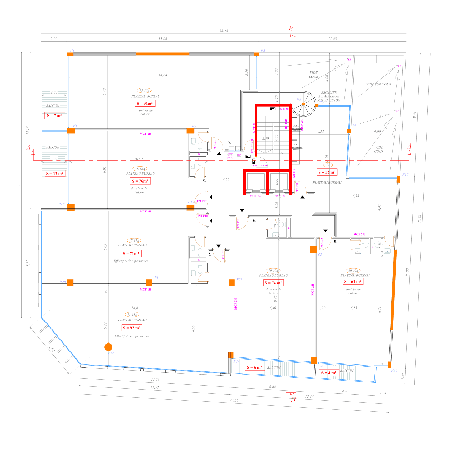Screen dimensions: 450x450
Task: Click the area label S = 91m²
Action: pos(145,103)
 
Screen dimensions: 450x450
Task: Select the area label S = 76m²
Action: pos(140,181)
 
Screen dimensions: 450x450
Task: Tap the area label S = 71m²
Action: pos(131,253)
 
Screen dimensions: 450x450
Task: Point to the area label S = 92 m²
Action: pos(131,328)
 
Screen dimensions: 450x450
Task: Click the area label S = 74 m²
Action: pos(273,283)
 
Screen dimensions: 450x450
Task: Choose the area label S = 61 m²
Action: pos(353,281)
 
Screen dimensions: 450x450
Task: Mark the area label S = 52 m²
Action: pos(327,172)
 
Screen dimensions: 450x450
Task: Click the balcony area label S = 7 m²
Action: pos(54,115)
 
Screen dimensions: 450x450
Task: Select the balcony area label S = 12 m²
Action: pos(55,174)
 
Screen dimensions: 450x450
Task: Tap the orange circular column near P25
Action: pos(109,347)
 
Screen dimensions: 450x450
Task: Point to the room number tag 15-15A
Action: pos(144,91)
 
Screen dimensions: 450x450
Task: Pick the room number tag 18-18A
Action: pos(132,315)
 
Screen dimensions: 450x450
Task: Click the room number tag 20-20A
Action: pos(353,271)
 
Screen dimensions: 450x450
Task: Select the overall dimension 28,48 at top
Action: pos(223,31)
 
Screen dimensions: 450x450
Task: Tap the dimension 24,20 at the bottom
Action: pos(234,400)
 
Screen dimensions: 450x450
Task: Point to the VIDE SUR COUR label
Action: pos(379,84)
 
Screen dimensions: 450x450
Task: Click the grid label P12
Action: pos(405,175)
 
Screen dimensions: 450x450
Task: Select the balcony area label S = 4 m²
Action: pos(329,373)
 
